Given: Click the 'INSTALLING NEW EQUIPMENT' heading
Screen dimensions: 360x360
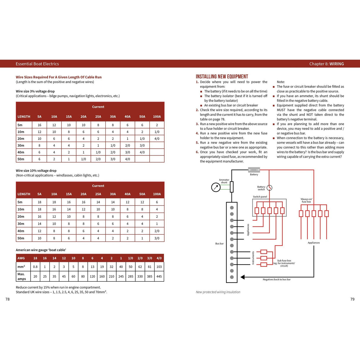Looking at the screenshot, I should (x=222, y=77).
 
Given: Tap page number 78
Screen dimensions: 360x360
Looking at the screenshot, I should (x=8, y=299).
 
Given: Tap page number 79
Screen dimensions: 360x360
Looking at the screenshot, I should (x=352, y=299).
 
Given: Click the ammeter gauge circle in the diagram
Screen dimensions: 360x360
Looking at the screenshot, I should (x=216, y=187).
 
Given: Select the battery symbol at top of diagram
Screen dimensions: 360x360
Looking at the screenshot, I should (x=254, y=170).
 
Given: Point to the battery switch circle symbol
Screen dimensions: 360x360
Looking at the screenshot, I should (x=269, y=188).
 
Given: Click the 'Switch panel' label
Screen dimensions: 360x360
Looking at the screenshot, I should (x=260, y=197).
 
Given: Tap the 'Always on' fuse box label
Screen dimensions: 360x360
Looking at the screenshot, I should (x=306, y=200).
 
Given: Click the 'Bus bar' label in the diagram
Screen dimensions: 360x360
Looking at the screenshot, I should (x=219, y=243).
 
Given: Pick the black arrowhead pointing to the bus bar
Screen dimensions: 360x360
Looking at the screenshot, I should (x=243, y=277).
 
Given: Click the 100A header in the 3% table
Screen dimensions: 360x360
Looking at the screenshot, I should (x=157, y=117).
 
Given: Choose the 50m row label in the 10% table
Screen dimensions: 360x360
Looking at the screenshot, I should (x=21, y=238).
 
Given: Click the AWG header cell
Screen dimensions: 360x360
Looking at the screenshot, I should (x=21, y=258).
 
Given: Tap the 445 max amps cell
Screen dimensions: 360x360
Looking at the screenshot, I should (x=159, y=276).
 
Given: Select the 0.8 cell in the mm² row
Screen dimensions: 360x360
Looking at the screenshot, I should (x=35, y=267).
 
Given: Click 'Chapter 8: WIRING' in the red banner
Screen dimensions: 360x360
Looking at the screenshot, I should (x=326, y=64).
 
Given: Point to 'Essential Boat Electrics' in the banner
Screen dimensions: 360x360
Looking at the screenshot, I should (x=37, y=64).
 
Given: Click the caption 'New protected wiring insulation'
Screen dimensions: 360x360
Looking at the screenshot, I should (x=218, y=292).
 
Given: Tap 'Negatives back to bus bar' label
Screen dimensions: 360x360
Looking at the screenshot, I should (x=276, y=279).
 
